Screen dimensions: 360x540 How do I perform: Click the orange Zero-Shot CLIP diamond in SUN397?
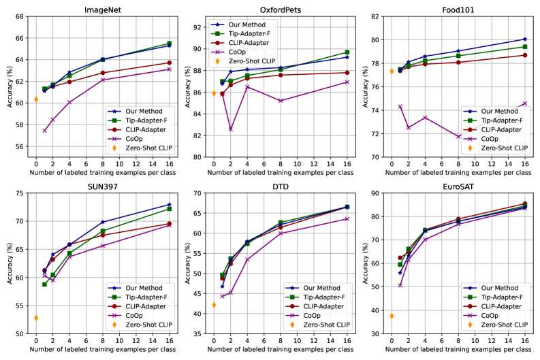[x=36, y=318]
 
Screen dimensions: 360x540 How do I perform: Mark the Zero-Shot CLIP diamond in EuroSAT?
[x=392, y=316]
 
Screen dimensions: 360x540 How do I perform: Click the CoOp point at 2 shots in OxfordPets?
[x=231, y=129]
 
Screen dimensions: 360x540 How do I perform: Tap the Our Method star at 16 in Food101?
[x=524, y=39]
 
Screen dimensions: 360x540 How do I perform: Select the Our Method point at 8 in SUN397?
[x=103, y=222]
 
